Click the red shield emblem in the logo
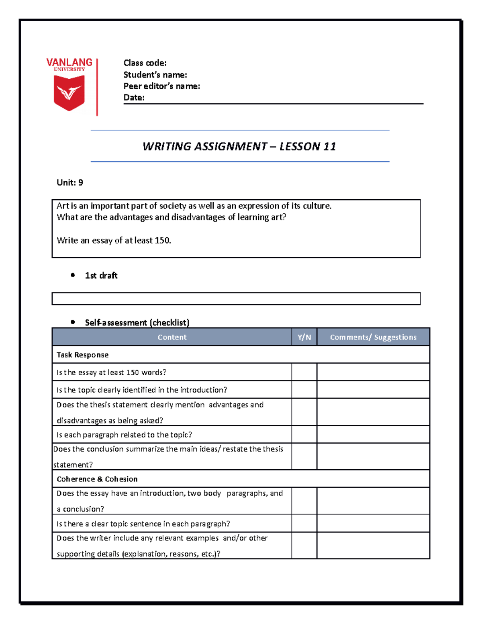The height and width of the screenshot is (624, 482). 69,93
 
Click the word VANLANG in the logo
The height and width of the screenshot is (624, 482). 69,62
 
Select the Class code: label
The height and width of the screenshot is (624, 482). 145,63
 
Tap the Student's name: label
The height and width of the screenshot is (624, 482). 155,75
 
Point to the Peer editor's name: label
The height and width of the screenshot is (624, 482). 161,86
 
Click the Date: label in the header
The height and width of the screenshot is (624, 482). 134,98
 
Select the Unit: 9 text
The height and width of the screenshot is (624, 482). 70,183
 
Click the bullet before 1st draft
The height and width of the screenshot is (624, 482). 73,275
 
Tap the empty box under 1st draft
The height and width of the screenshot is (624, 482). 236,299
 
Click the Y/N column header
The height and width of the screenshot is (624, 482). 304,337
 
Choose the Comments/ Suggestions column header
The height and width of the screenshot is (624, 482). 373,337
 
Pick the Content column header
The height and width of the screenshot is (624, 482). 172,337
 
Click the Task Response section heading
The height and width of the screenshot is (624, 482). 82,355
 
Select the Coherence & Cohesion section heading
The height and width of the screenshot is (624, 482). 97,479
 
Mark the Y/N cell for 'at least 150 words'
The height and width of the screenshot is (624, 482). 304,372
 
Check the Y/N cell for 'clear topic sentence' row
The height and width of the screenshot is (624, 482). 304,524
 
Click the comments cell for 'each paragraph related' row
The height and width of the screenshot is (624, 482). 373,435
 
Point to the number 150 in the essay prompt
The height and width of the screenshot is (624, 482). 162,241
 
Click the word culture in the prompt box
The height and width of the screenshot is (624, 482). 317,206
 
